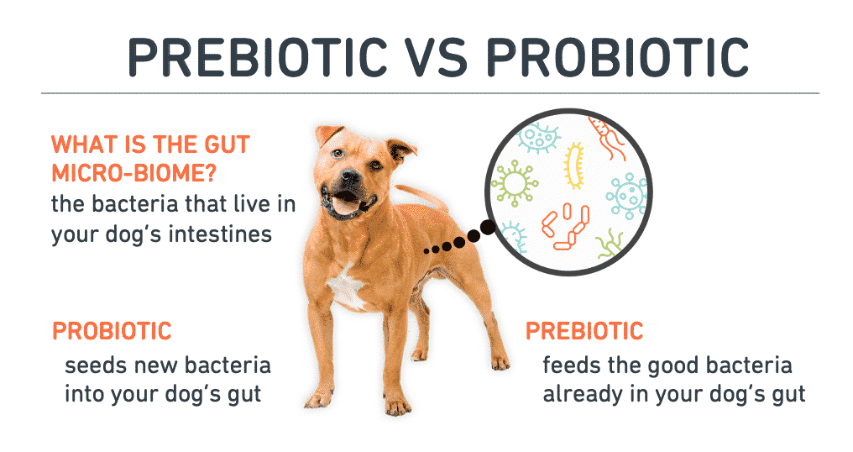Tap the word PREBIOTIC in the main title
tap(257, 56)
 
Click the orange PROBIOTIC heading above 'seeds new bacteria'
tap(112, 331)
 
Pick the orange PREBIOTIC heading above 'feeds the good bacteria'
tap(585, 331)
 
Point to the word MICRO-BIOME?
tap(133, 174)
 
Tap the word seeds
tap(95, 365)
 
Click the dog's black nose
tap(350, 176)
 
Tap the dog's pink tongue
tap(344, 205)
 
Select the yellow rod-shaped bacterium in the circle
tap(573, 166)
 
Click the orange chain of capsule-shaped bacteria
tap(567, 227)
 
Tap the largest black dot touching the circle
tap(488, 229)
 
